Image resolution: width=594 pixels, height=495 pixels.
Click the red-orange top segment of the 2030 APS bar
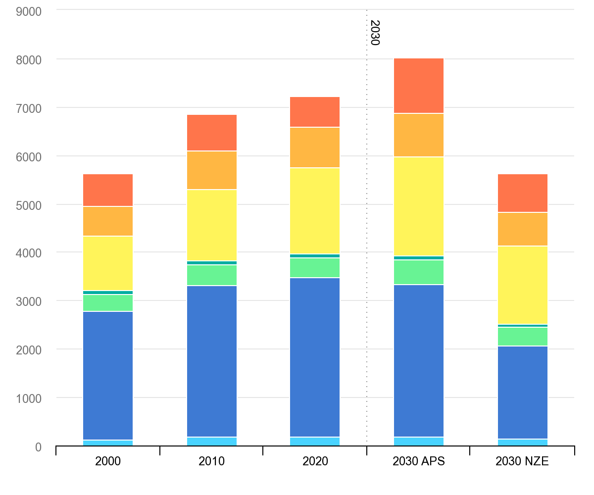click(419, 86)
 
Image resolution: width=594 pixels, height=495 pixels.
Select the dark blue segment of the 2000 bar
click(108, 376)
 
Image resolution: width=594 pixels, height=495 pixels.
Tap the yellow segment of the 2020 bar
click(315, 211)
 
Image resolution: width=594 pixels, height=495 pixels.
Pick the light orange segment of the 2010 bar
click(212, 170)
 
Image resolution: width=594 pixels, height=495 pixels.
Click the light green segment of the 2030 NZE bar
click(523, 337)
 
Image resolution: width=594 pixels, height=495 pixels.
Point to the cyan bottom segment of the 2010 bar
click(212, 442)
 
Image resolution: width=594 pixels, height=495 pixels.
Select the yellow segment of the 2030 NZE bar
click(523, 285)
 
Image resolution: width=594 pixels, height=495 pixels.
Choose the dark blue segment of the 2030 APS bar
click(419, 361)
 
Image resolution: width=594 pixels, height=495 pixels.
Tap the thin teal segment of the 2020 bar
click(315, 256)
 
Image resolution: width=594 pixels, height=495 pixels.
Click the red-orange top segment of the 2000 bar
click(108, 190)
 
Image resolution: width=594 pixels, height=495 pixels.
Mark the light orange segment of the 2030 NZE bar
click(523, 229)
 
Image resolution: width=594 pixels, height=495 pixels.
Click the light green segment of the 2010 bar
click(212, 275)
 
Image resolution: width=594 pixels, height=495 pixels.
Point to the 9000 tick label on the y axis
click(29, 10)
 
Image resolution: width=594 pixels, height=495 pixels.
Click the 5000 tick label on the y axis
click(29, 204)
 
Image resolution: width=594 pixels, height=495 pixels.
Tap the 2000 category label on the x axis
click(108, 461)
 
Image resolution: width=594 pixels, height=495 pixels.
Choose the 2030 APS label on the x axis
click(419, 461)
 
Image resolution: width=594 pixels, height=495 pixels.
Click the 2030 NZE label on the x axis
click(522, 461)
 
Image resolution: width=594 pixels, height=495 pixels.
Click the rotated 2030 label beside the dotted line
click(374, 33)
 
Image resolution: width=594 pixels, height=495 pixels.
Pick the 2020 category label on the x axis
click(315, 461)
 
